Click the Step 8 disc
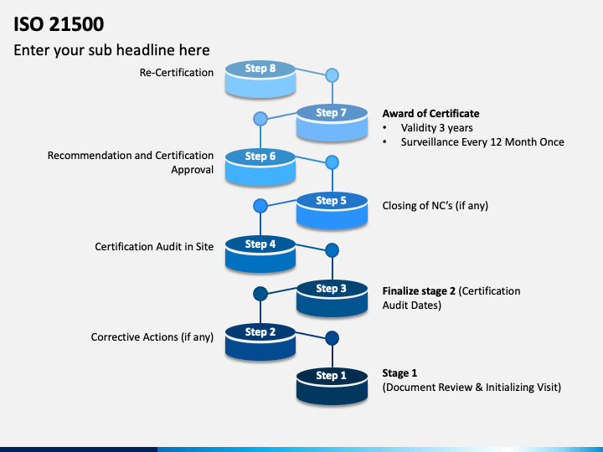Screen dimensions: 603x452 click(x=260, y=79)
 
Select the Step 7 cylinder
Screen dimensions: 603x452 click(x=332, y=123)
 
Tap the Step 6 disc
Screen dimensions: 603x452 click(x=260, y=167)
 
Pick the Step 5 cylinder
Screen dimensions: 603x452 click(x=332, y=211)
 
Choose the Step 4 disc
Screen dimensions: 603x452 click(x=260, y=254)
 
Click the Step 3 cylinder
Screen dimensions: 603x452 click(x=332, y=299)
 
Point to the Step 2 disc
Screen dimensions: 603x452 click(x=260, y=342)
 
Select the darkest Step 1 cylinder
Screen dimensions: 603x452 click(x=332, y=386)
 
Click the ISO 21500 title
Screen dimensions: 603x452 click(x=59, y=24)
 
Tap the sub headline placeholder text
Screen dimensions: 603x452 click(x=112, y=50)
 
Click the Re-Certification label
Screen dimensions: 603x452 click(x=177, y=73)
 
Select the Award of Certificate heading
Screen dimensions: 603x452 click(x=430, y=114)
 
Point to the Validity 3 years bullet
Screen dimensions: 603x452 click(x=437, y=128)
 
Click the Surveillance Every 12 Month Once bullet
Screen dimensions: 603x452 click(x=482, y=142)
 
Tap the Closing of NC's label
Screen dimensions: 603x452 click(x=435, y=206)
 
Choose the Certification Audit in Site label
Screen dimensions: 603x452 click(x=154, y=247)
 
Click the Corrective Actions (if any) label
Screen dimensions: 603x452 click(x=152, y=337)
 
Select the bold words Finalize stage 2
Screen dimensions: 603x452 click(x=419, y=291)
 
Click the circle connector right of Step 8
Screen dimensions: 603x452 click(x=332, y=75)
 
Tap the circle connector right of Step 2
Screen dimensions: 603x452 click(x=332, y=338)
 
